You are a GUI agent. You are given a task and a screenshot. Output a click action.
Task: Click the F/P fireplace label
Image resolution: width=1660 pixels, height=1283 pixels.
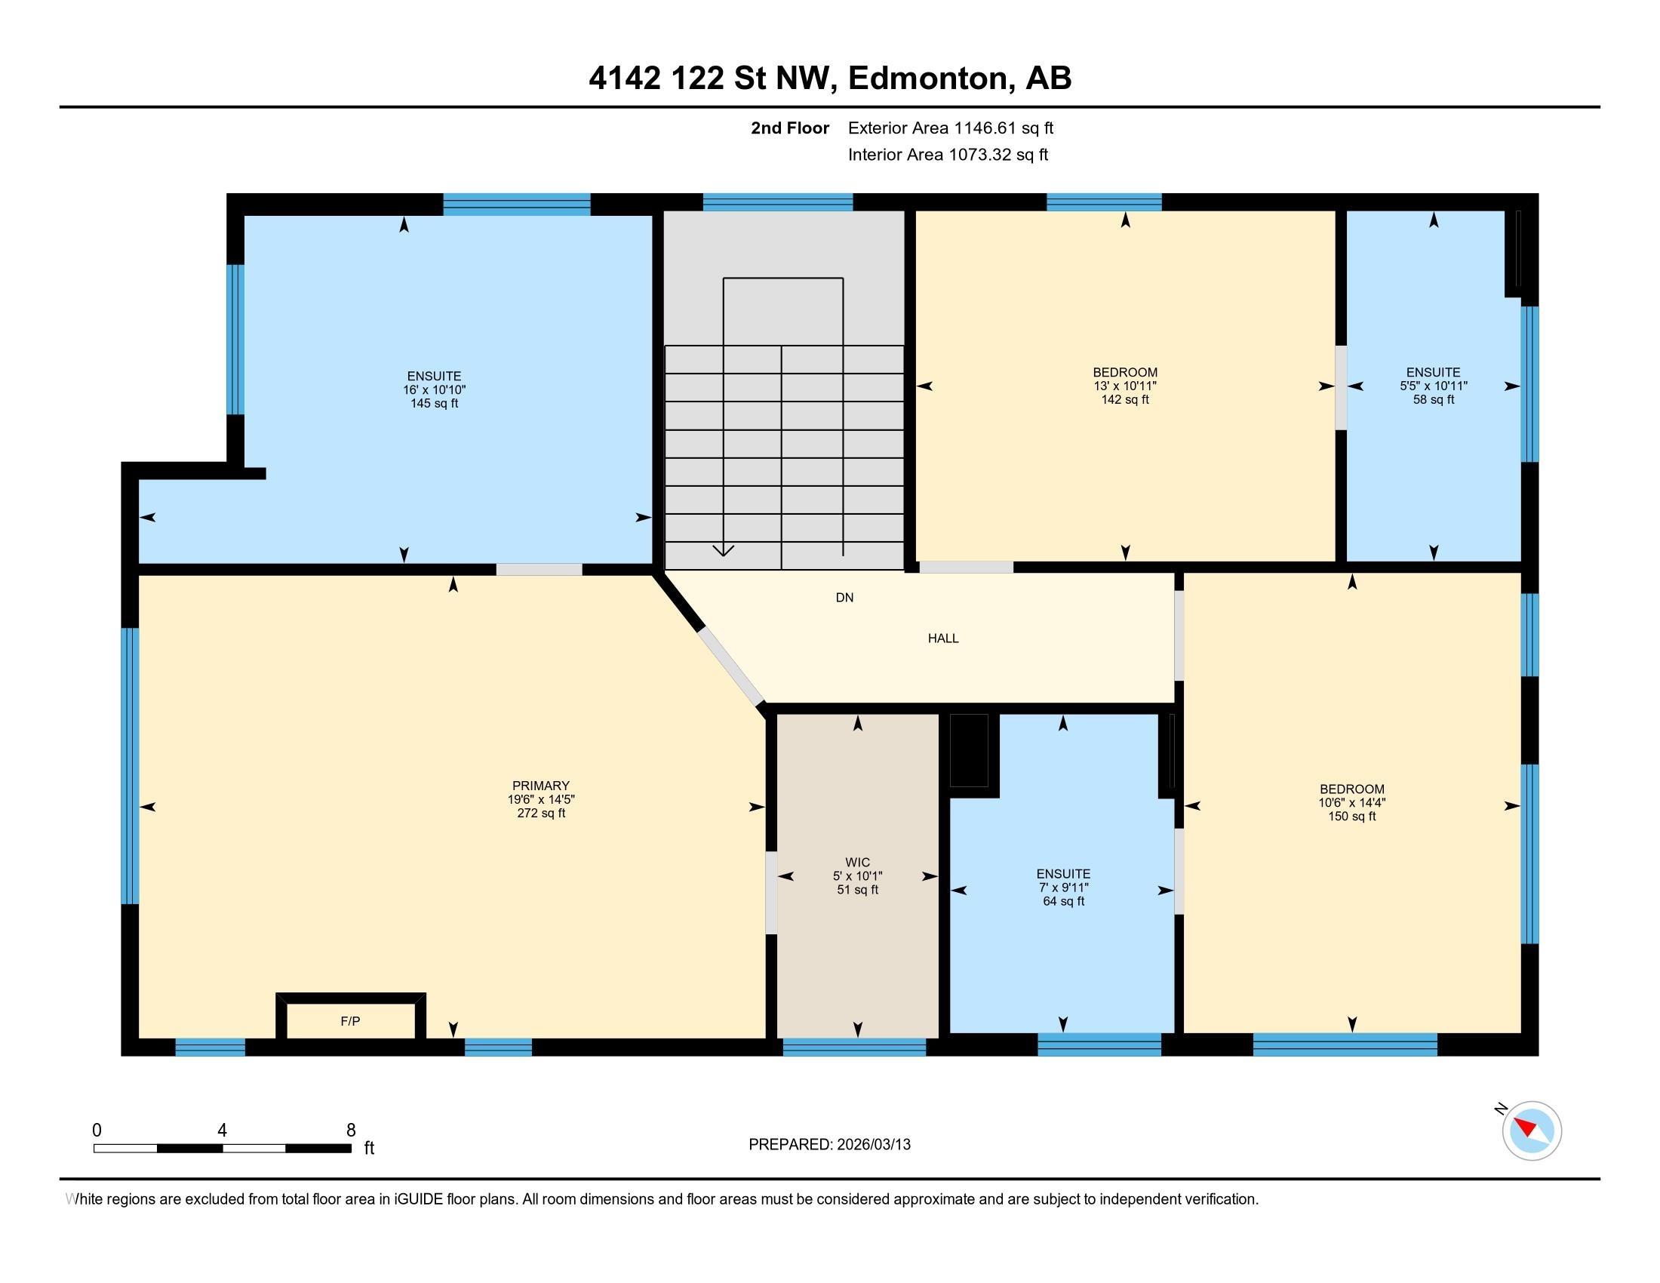coord(350,1022)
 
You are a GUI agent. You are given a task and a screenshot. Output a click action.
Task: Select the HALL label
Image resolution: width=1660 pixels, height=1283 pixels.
coord(943,638)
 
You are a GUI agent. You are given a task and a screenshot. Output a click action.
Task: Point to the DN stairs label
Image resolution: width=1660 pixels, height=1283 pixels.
coord(844,598)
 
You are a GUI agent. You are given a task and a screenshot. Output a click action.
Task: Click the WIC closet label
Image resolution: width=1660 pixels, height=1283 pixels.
coord(857,862)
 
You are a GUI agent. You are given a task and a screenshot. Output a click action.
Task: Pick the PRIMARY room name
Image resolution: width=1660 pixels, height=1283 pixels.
coord(541,786)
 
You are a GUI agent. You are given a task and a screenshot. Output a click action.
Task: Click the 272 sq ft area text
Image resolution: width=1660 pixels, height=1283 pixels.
coord(541,814)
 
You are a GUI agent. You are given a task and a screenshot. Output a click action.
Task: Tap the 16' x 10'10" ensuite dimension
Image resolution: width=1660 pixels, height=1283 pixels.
coord(435,390)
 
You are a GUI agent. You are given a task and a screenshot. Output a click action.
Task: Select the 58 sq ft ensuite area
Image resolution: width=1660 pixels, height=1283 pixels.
coord(1434,400)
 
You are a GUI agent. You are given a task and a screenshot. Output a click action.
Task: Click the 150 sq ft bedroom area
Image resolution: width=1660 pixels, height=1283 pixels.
coord(1352,817)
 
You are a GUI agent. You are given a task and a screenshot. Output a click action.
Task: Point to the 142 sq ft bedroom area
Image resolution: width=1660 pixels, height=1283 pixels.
coord(1125,400)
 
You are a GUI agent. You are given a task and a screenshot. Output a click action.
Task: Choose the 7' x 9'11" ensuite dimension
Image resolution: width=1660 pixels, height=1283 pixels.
coord(1063,888)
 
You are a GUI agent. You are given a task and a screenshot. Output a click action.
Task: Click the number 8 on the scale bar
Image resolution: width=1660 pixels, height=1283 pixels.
coord(350,1131)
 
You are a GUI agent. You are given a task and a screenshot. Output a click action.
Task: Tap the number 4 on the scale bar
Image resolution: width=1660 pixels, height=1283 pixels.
coord(222,1131)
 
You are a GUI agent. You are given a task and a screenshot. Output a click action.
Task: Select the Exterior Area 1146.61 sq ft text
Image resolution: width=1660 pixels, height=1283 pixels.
coord(951,128)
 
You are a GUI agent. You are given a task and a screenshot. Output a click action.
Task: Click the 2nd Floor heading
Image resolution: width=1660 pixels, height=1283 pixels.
coord(790,128)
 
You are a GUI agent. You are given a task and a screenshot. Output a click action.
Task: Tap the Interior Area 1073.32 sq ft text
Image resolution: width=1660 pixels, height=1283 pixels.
coord(948,154)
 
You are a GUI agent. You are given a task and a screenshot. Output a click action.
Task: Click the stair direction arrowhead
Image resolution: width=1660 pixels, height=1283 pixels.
coord(723,550)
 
